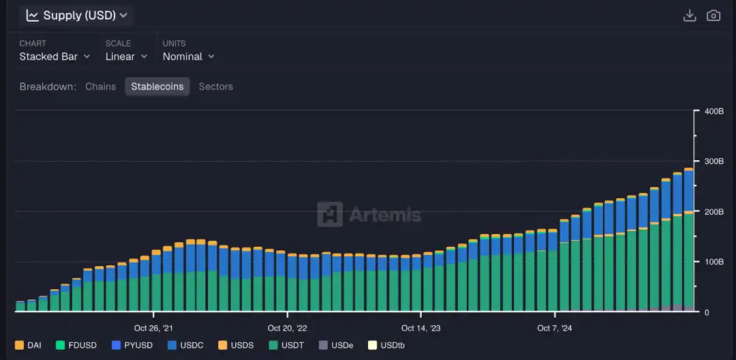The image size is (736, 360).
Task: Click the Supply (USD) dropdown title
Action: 76,15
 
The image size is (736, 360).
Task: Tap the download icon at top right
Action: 690,15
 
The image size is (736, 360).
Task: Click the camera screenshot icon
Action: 714,15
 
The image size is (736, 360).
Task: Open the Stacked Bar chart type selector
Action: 55,57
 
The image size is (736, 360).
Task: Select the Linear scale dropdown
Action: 125,57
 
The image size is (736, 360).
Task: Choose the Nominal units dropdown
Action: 188,57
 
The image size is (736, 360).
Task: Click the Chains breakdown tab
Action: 101,87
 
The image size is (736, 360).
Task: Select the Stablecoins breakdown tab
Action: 157,87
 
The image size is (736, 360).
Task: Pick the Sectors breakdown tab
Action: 215,87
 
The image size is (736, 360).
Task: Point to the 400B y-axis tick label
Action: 714,111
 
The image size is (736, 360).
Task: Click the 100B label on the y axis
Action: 714,262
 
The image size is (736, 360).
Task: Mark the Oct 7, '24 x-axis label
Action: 555,328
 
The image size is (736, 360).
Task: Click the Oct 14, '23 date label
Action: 420,328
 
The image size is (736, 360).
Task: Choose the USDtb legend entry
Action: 386,345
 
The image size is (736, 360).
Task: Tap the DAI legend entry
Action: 28,345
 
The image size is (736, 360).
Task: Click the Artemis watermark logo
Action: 369,214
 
